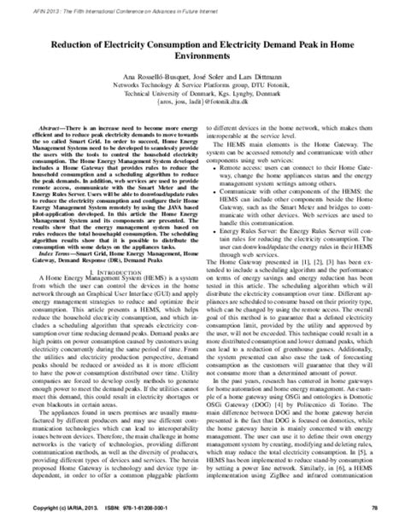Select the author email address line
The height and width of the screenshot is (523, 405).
[x=202, y=100]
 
